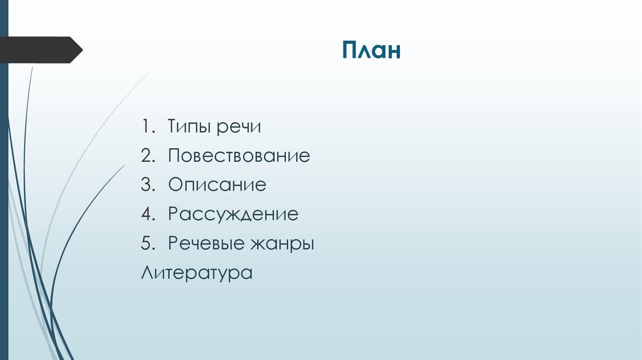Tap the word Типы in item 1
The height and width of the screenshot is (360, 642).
tap(190, 127)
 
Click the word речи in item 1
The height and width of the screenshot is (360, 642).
tap(239, 127)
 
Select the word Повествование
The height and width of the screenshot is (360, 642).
tap(239, 156)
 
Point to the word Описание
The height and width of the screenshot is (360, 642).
tap(217, 185)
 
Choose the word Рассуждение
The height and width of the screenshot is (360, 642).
tap(233, 214)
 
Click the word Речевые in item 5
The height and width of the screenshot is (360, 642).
tap(205, 243)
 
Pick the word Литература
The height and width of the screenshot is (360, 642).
tap(197, 273)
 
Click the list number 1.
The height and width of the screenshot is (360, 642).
tap(146, 127)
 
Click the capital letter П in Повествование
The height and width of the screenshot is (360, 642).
tap(174, 156)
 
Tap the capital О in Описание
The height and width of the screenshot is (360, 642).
tap(174, 185)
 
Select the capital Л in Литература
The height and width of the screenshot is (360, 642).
tap(147, 273)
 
